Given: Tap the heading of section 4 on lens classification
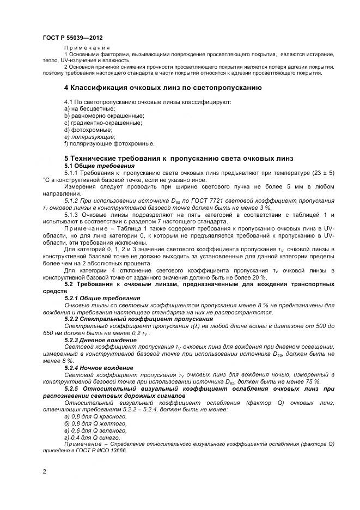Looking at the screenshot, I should click(x=163, y=87).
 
